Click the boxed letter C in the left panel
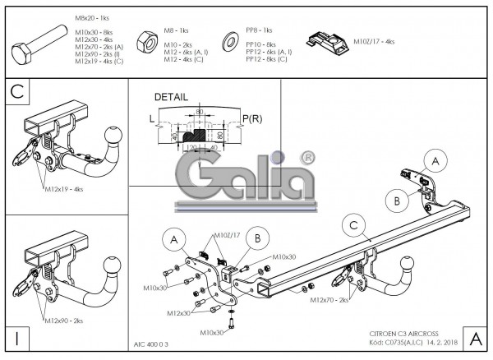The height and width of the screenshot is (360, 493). (16, 91)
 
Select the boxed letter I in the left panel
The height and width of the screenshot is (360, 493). (16, 338)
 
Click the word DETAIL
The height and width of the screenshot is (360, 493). (171, 97)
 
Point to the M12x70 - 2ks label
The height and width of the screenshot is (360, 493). (329, 300)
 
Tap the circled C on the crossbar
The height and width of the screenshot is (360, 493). (353, 225)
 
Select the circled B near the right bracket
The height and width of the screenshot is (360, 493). (396, 200)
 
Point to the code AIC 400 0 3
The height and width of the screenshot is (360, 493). (151, 345)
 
